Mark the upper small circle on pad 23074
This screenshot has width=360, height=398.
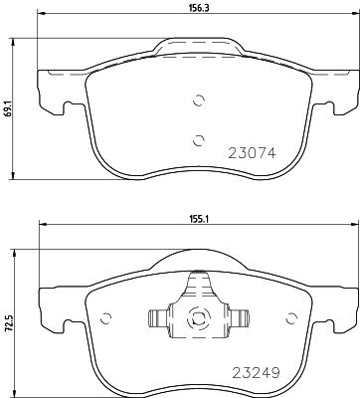coord(199,99)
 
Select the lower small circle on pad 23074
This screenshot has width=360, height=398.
coord(199,138)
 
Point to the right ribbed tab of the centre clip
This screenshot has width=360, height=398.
coord(240,318)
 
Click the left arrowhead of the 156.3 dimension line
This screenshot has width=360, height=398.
coord(40,21)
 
